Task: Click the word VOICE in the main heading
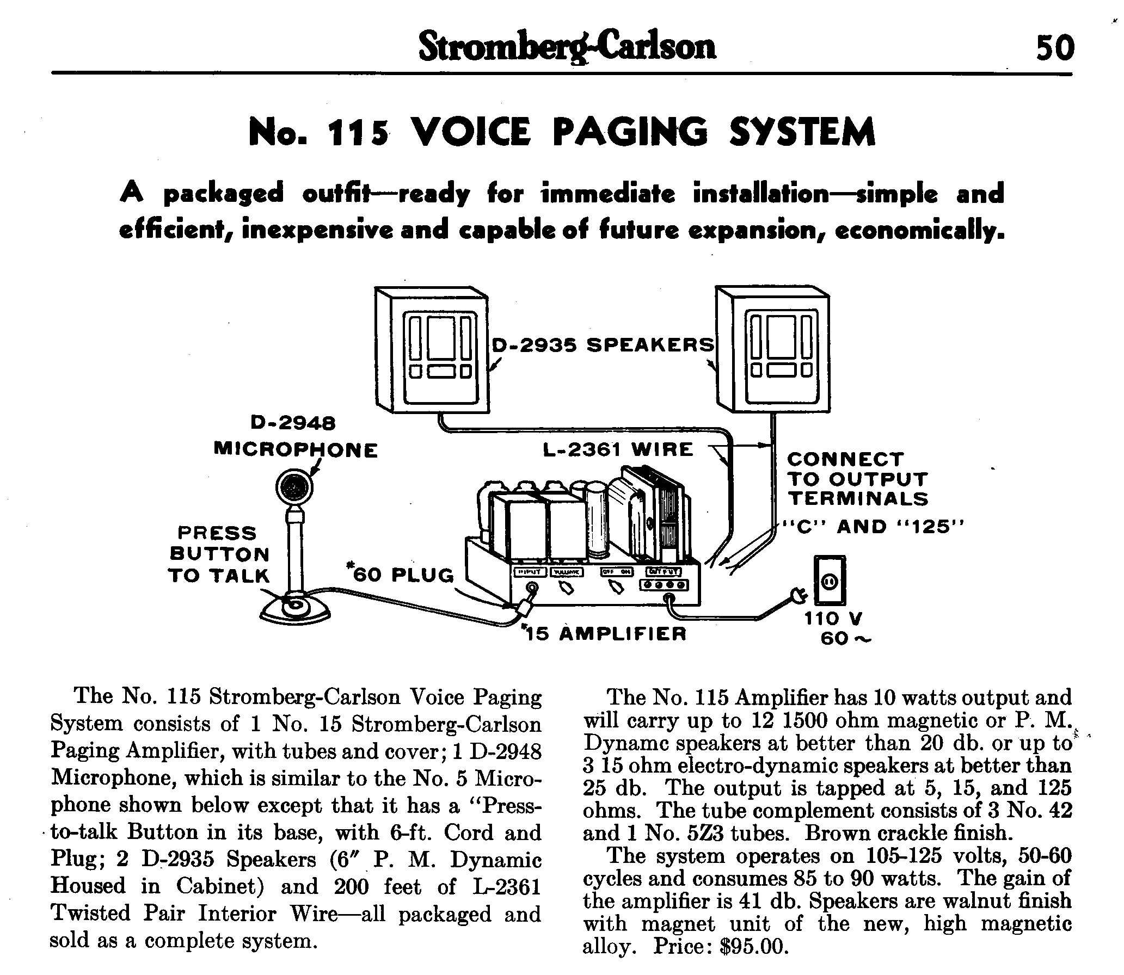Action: point(471,132)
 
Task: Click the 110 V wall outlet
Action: point(830,580)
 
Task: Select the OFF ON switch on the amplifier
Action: point(616,587)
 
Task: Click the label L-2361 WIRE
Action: point(618,449)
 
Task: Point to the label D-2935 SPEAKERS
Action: point(603,345)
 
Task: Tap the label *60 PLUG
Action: point(400,574)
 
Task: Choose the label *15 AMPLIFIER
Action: point(604,633)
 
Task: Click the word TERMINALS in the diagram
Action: point(858,499)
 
